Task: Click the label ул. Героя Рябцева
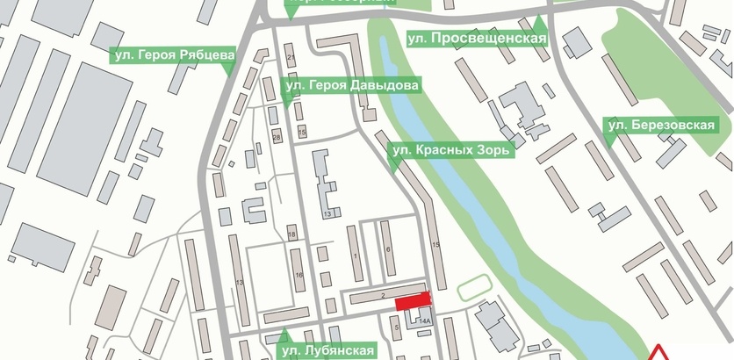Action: click(x=173, y=54)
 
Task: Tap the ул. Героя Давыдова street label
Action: click(x=351, y=85)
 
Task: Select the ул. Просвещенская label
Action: click(x=477, y=39)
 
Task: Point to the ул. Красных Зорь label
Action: click(x=451, y=149)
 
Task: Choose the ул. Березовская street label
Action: click(x=663, y=126)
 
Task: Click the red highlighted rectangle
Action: click(x=413, y=301)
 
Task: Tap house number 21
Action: click(x=291, y=58)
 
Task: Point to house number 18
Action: click(x=291, y=235)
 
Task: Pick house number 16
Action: click(x=299, y=276)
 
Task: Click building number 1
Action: click(x=355, y=255)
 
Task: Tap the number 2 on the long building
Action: click(x=384, y=298)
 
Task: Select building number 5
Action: click(x=397, y=328)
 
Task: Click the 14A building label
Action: click(x=425, y=322)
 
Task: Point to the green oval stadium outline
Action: click(x=471, y=286)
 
